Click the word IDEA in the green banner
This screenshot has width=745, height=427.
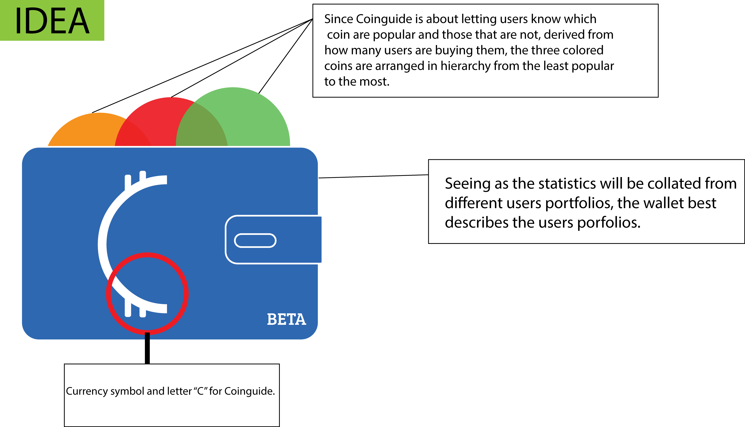[52, 21]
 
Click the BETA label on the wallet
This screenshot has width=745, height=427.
[286, 319]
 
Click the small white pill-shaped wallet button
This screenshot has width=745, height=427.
[255, 241]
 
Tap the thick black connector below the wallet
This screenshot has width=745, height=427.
[147, 348]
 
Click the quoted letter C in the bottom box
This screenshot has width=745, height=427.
[201, 391]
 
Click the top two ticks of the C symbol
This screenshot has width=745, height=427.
[135, 179]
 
